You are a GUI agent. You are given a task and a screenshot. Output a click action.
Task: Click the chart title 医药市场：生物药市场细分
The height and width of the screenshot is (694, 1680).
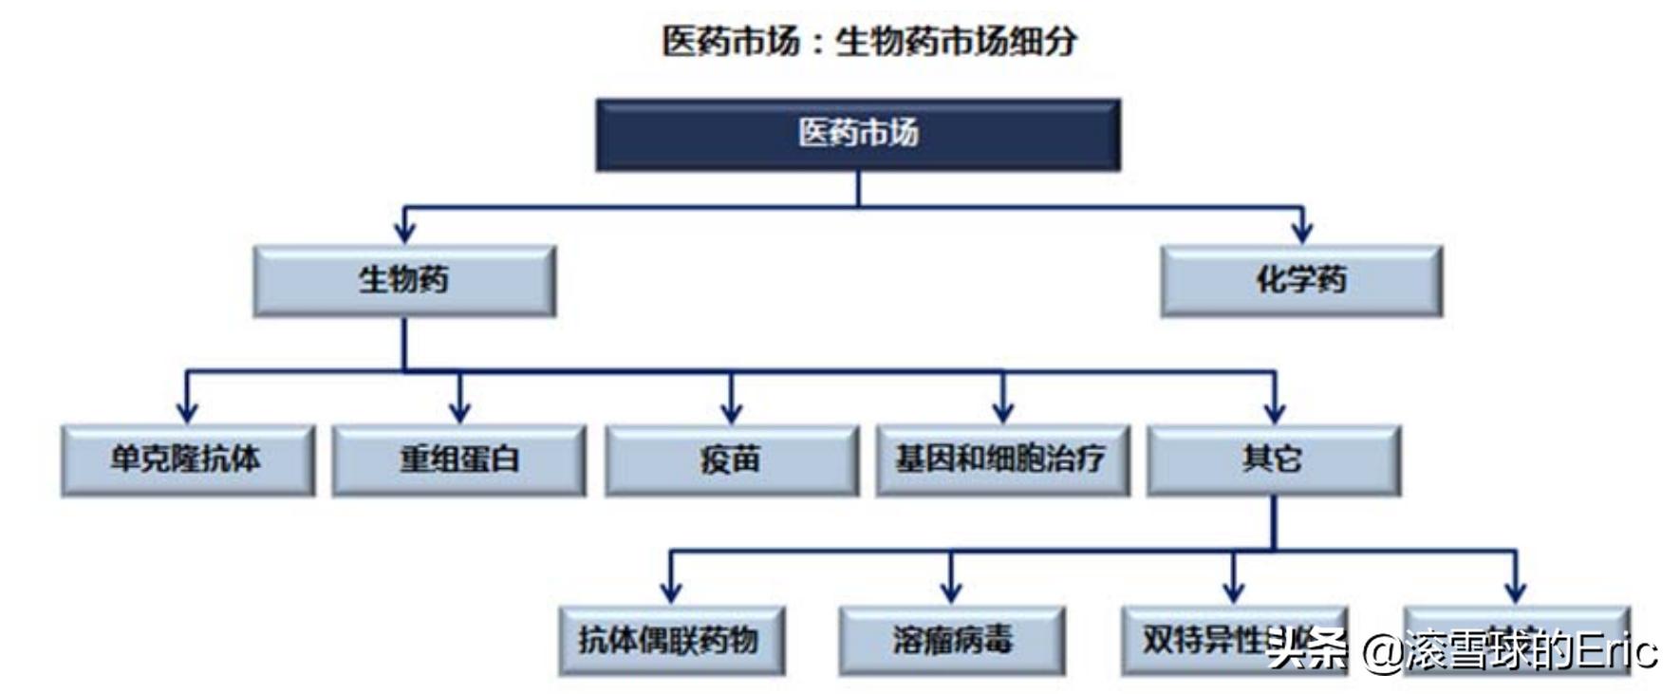click(868, 42)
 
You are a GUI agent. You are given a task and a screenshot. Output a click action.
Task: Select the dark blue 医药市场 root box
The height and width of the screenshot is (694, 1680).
click(858, 134)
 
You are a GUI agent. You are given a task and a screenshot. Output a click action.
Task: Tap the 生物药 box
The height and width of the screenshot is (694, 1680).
click(404, 281)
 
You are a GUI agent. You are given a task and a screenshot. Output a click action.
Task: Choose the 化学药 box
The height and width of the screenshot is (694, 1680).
click(1301, 281)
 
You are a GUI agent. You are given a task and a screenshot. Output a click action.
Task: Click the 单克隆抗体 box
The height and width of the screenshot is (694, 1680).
click(187, 460)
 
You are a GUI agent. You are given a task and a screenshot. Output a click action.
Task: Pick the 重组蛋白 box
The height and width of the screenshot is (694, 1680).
click(458, 460)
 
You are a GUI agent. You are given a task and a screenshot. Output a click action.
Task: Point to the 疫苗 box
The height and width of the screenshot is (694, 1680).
click(731, 460)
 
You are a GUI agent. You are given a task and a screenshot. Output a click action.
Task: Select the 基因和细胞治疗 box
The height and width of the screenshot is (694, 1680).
click(1002, 460)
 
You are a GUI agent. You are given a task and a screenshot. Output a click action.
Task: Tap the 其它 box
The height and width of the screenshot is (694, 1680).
click(1273, 460)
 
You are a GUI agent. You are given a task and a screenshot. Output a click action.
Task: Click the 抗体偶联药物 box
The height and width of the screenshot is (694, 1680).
click(671, 640)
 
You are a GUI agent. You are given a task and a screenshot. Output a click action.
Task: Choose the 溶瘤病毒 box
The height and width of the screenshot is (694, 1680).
click(951, 640)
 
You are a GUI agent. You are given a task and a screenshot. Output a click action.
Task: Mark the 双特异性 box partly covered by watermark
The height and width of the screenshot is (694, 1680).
click(1205, 638)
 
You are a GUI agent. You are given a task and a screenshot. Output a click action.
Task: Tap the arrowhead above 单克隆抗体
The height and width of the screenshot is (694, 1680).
click(187, 412)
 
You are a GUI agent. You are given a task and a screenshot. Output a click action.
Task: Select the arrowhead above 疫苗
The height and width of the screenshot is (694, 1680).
click(731, 412)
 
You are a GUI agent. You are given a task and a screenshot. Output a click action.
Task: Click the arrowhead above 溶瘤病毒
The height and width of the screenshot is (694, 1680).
click(951, 591)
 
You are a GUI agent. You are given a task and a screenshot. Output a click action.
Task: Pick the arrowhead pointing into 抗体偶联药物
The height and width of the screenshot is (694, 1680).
click(671, 591)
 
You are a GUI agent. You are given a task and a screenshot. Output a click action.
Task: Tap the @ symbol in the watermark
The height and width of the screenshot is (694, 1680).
click(1382, 651)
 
